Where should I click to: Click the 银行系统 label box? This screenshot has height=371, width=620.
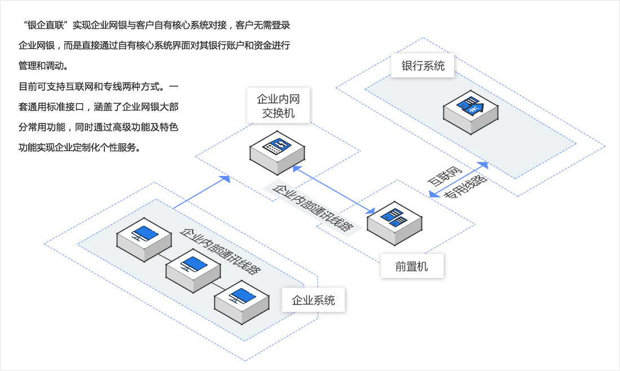pyautogui.click(x=423, y=66)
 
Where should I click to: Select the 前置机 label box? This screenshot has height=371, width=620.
pyautogui.click(x=411, y=266)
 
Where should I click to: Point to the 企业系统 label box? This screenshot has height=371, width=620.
pyautogui.click(x=314, y=300)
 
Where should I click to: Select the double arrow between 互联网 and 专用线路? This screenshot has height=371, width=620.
pyautogui.click(x=458, y=179)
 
